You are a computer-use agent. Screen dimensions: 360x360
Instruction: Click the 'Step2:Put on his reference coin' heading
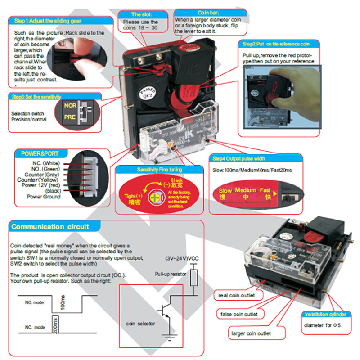click(277, 44)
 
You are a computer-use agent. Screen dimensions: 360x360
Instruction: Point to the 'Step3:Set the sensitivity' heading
click(38, 97)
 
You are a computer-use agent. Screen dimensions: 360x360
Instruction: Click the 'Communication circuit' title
click(50, 227)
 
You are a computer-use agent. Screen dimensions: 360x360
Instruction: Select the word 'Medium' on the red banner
click(245, 190)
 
